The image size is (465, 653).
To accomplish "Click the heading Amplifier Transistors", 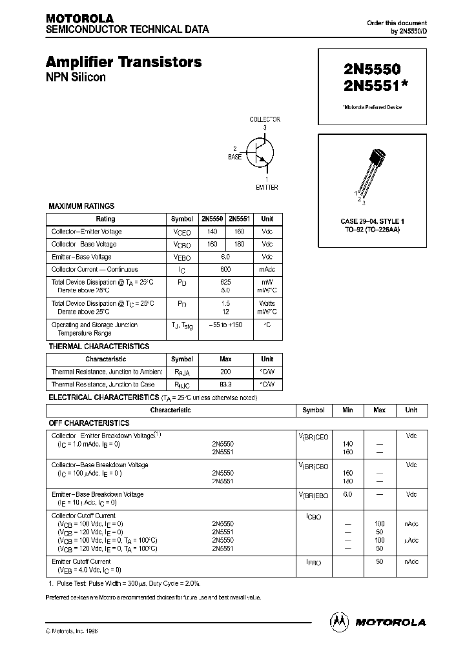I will coord(123,63).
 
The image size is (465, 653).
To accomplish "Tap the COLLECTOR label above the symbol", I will coord(265,119).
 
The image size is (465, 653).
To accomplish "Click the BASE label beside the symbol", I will coord(235,157).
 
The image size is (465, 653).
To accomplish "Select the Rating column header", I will coord(105,219).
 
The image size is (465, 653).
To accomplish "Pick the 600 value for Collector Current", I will coord(225,270).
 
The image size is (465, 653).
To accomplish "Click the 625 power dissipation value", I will coord(225,282).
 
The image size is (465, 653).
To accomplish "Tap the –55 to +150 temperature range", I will coord(225,325).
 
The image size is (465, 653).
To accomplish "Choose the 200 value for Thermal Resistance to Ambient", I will coord(225,372).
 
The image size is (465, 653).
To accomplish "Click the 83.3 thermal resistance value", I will coord(225,384).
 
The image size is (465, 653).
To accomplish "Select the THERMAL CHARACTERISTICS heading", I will coord(99,347).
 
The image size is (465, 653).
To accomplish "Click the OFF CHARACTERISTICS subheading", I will coord(89,423).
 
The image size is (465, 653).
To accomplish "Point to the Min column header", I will coord(347,410).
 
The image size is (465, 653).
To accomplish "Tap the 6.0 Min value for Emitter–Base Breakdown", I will coord(347,494).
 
